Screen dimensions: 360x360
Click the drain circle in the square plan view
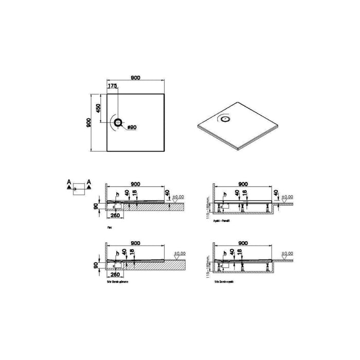click(119, 122)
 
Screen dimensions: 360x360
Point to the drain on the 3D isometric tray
click(225, 119)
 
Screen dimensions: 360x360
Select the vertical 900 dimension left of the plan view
click(88, 122)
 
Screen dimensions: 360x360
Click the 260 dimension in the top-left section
click(116, 215)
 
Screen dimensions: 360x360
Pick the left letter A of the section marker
click(69, 182)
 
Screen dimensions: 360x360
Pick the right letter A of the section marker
click(89, 182)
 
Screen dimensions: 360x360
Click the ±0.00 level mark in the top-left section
click(178, 196)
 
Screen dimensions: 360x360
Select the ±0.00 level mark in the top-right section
click(287, 196)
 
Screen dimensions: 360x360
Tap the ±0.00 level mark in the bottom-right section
click(287, 254)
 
